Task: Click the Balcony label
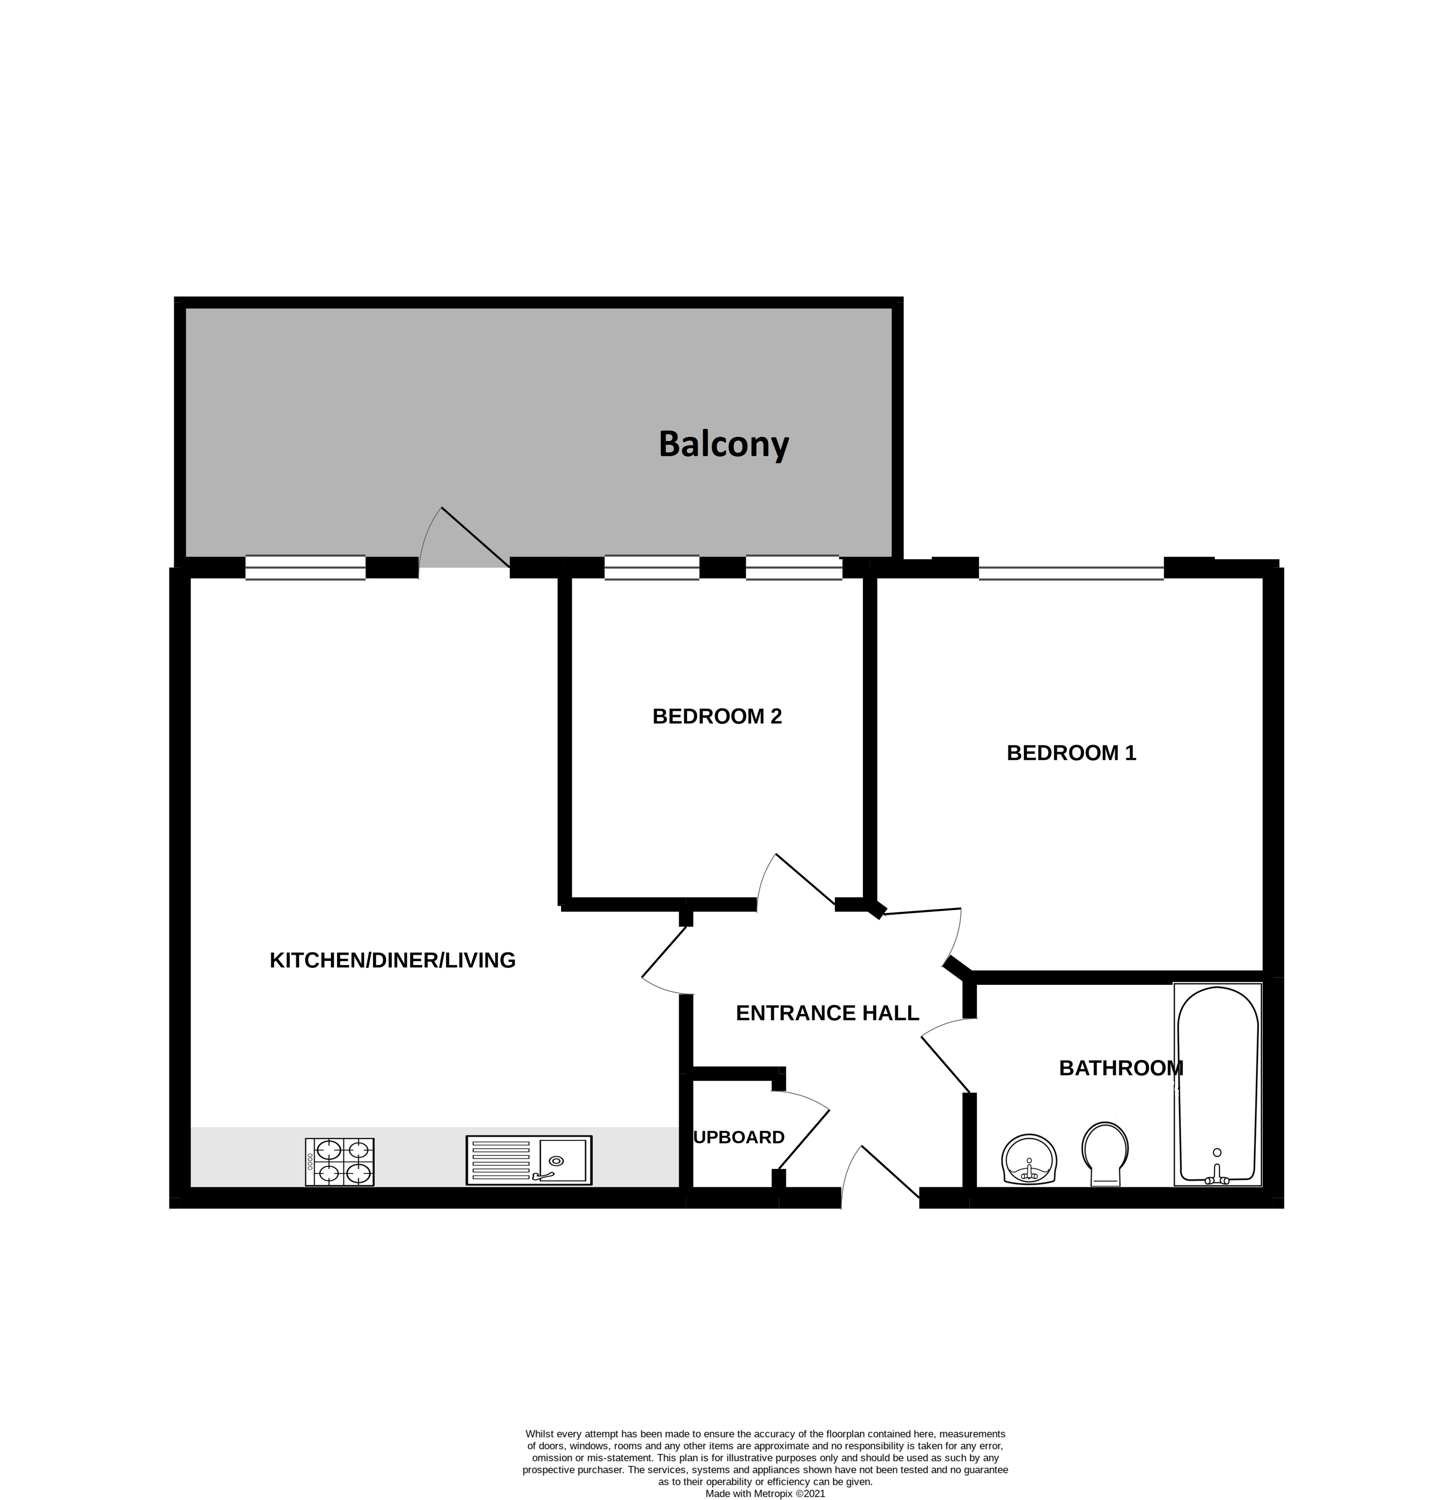click(x=723, y=445)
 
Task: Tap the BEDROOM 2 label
click(x=717, y=716)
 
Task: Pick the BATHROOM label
click(x=1122, y=1068)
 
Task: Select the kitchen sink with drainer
click(x=529, y=1160)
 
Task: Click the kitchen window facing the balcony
click(x=305, y=567)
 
